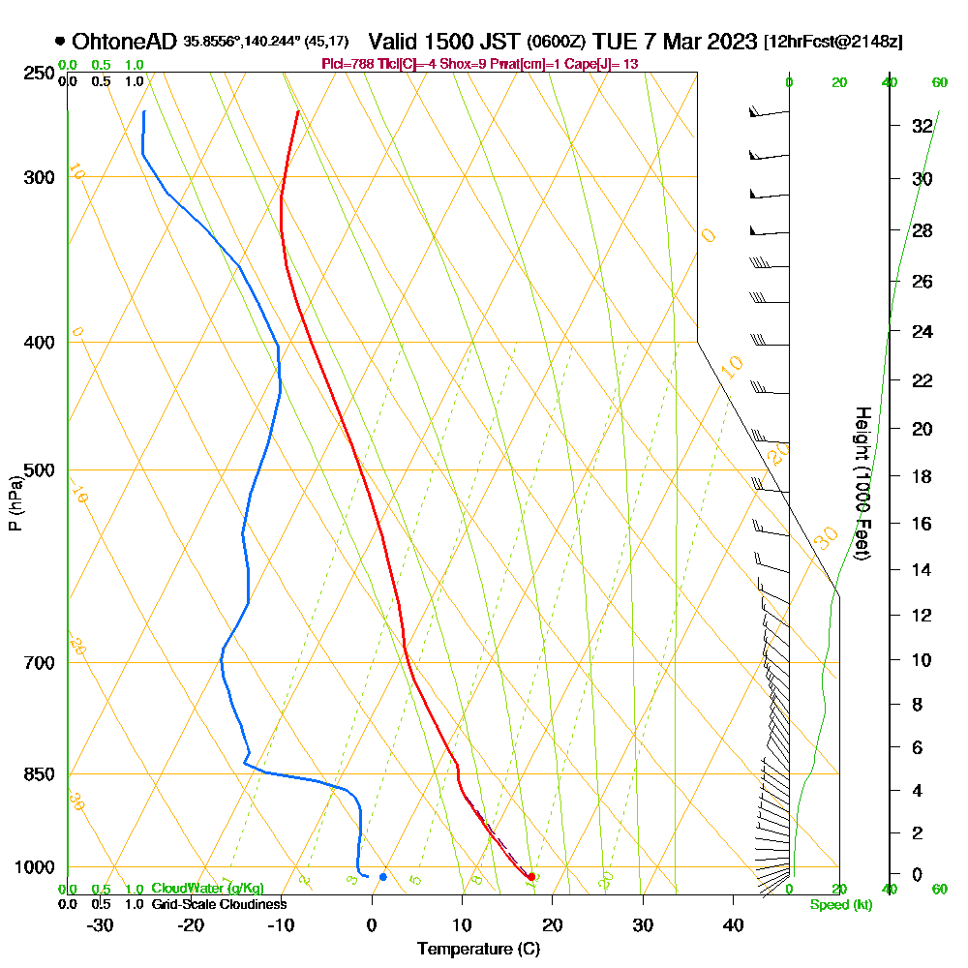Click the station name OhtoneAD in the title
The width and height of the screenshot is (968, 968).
click(124, 42)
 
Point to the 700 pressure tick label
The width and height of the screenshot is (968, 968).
click(40, 663)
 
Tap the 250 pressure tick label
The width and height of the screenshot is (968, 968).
click(40, 74)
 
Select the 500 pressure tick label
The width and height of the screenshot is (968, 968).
click(40, 470)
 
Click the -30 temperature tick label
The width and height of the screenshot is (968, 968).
click(101, 924)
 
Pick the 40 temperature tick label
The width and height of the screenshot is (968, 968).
click(733, 924)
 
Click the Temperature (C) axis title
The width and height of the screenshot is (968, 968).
click(478, 949)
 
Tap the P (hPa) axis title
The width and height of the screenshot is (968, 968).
click(15, 502)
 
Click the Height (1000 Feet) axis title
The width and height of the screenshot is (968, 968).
click(862, 483)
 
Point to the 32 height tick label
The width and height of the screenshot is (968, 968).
click(923, 126)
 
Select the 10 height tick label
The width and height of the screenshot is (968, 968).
click(923, 660)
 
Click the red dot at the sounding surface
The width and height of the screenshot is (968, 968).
click(530, 876)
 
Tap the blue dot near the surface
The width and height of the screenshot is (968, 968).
click(383, 877)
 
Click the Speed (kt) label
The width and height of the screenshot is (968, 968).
click(839, 905)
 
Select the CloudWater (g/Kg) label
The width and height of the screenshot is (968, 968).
click(207, 889)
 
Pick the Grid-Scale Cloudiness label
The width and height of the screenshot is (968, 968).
click(218, 904)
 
